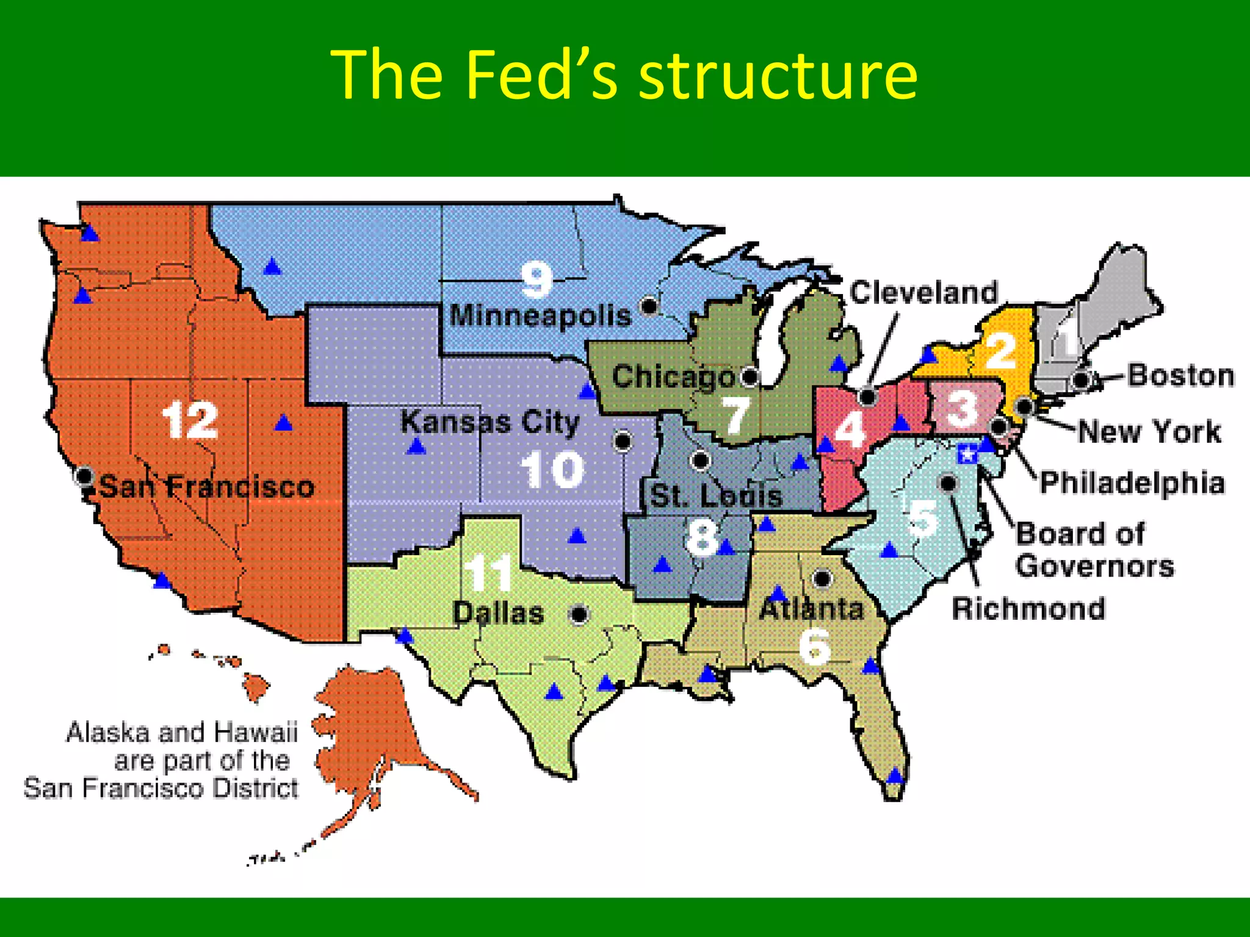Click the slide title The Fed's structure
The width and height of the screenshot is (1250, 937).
(624, 74)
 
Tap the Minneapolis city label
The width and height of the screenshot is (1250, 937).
(540, 316)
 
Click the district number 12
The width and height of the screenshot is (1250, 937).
(190, 420)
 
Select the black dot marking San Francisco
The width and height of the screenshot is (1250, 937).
(85, 475)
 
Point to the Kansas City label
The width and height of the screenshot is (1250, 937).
(490, 422)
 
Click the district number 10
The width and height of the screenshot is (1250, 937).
(552, 469)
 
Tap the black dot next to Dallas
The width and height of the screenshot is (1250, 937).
(579, 614)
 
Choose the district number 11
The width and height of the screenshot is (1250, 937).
(488, 573)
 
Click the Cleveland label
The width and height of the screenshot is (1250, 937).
(923, 293)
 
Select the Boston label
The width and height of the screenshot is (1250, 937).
(1180, 375)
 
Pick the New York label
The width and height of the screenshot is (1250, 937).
(1149, 431)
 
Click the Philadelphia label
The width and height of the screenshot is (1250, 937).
(1132, 483)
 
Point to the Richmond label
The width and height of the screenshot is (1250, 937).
(1028, 608)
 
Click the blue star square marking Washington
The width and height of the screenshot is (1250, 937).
(967, 454)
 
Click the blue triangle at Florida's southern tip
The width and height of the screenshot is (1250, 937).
(894, 776)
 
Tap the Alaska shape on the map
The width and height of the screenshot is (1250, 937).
(372, 726)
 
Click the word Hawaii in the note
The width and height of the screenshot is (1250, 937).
(269, 732)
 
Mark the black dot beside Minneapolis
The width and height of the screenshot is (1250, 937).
(649, 305)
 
